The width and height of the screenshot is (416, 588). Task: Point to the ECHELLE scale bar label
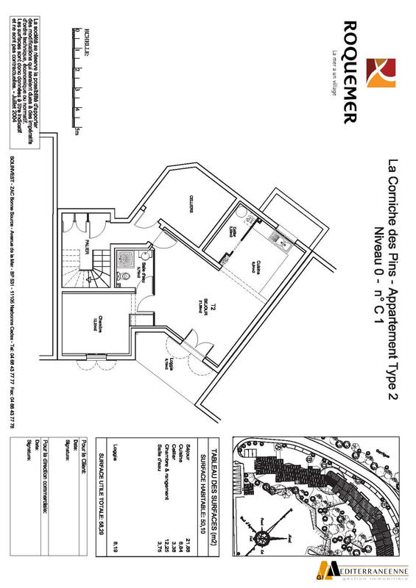pyautogui.click(x=87, y=38)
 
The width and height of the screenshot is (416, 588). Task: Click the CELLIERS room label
pyautogui.click(x=191, y=207)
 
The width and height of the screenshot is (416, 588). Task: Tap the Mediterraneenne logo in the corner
pyautogui.click(x=367, y=568)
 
